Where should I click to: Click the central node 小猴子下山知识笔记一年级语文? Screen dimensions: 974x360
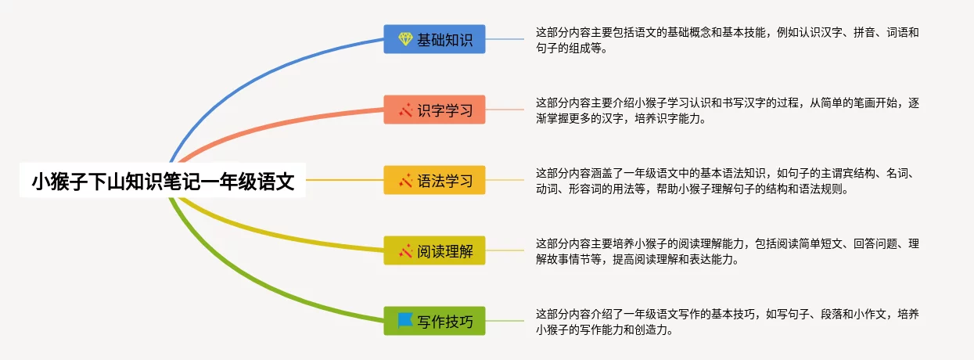click(x=163, y=181)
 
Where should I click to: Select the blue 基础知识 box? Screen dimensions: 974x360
click(x=434, y=39)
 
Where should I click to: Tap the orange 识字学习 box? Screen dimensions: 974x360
click(x=434, y=110)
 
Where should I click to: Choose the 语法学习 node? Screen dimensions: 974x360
click(x=434, y=180)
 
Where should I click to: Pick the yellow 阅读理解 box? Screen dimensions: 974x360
click(x=434, y=250)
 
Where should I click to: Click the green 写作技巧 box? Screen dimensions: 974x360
click(x=434, y=321)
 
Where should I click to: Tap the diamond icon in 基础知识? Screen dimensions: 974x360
click(x=405, y=39)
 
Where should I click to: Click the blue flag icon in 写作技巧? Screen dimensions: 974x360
click(x=405, y=320)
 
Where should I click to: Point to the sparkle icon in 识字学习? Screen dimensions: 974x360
click(x=405, y=110)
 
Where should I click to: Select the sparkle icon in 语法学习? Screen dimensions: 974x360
click(x=405, y=181)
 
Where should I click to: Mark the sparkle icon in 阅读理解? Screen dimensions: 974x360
click(x=405, y=251)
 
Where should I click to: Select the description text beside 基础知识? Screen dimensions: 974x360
click(x=727, y=40)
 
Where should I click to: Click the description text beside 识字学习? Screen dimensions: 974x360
click(x=727, y=110)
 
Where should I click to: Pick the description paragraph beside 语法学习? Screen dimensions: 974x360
click(x=725, y=181)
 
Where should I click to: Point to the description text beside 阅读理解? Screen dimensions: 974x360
click(x=727, y=251)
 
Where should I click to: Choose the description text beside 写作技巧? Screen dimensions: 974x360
click(x=727, y=322)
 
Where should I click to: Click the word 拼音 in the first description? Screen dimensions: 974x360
click(x=864, y=33)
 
